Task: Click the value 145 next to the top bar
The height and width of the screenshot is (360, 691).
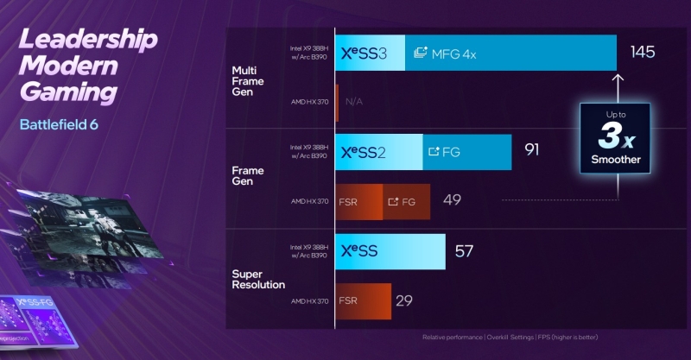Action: click(x=643, y=53)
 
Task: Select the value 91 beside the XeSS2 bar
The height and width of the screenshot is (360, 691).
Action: click(x=531, y=150)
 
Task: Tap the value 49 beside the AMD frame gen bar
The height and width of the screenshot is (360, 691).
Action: click(x=452, y=201)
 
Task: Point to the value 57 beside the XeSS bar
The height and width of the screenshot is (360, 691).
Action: click(x=465, y=251)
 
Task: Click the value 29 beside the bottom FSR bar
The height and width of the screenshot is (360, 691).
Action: click(x=403, y=300)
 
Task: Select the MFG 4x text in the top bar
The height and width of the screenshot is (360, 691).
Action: click(x=453, y=54)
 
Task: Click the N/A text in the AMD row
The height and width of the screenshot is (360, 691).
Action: click(x=353, y=102)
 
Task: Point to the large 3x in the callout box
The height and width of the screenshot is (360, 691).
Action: click(x=614, y=136)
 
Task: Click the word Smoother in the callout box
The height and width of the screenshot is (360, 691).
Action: click(x=615, y=160)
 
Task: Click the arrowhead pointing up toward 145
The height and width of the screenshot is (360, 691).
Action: click(x=618, y=79)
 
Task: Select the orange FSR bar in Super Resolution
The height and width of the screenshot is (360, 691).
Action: click(x=363, y=300)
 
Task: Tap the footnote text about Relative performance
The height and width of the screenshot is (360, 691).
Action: click(x=510, y=337)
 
